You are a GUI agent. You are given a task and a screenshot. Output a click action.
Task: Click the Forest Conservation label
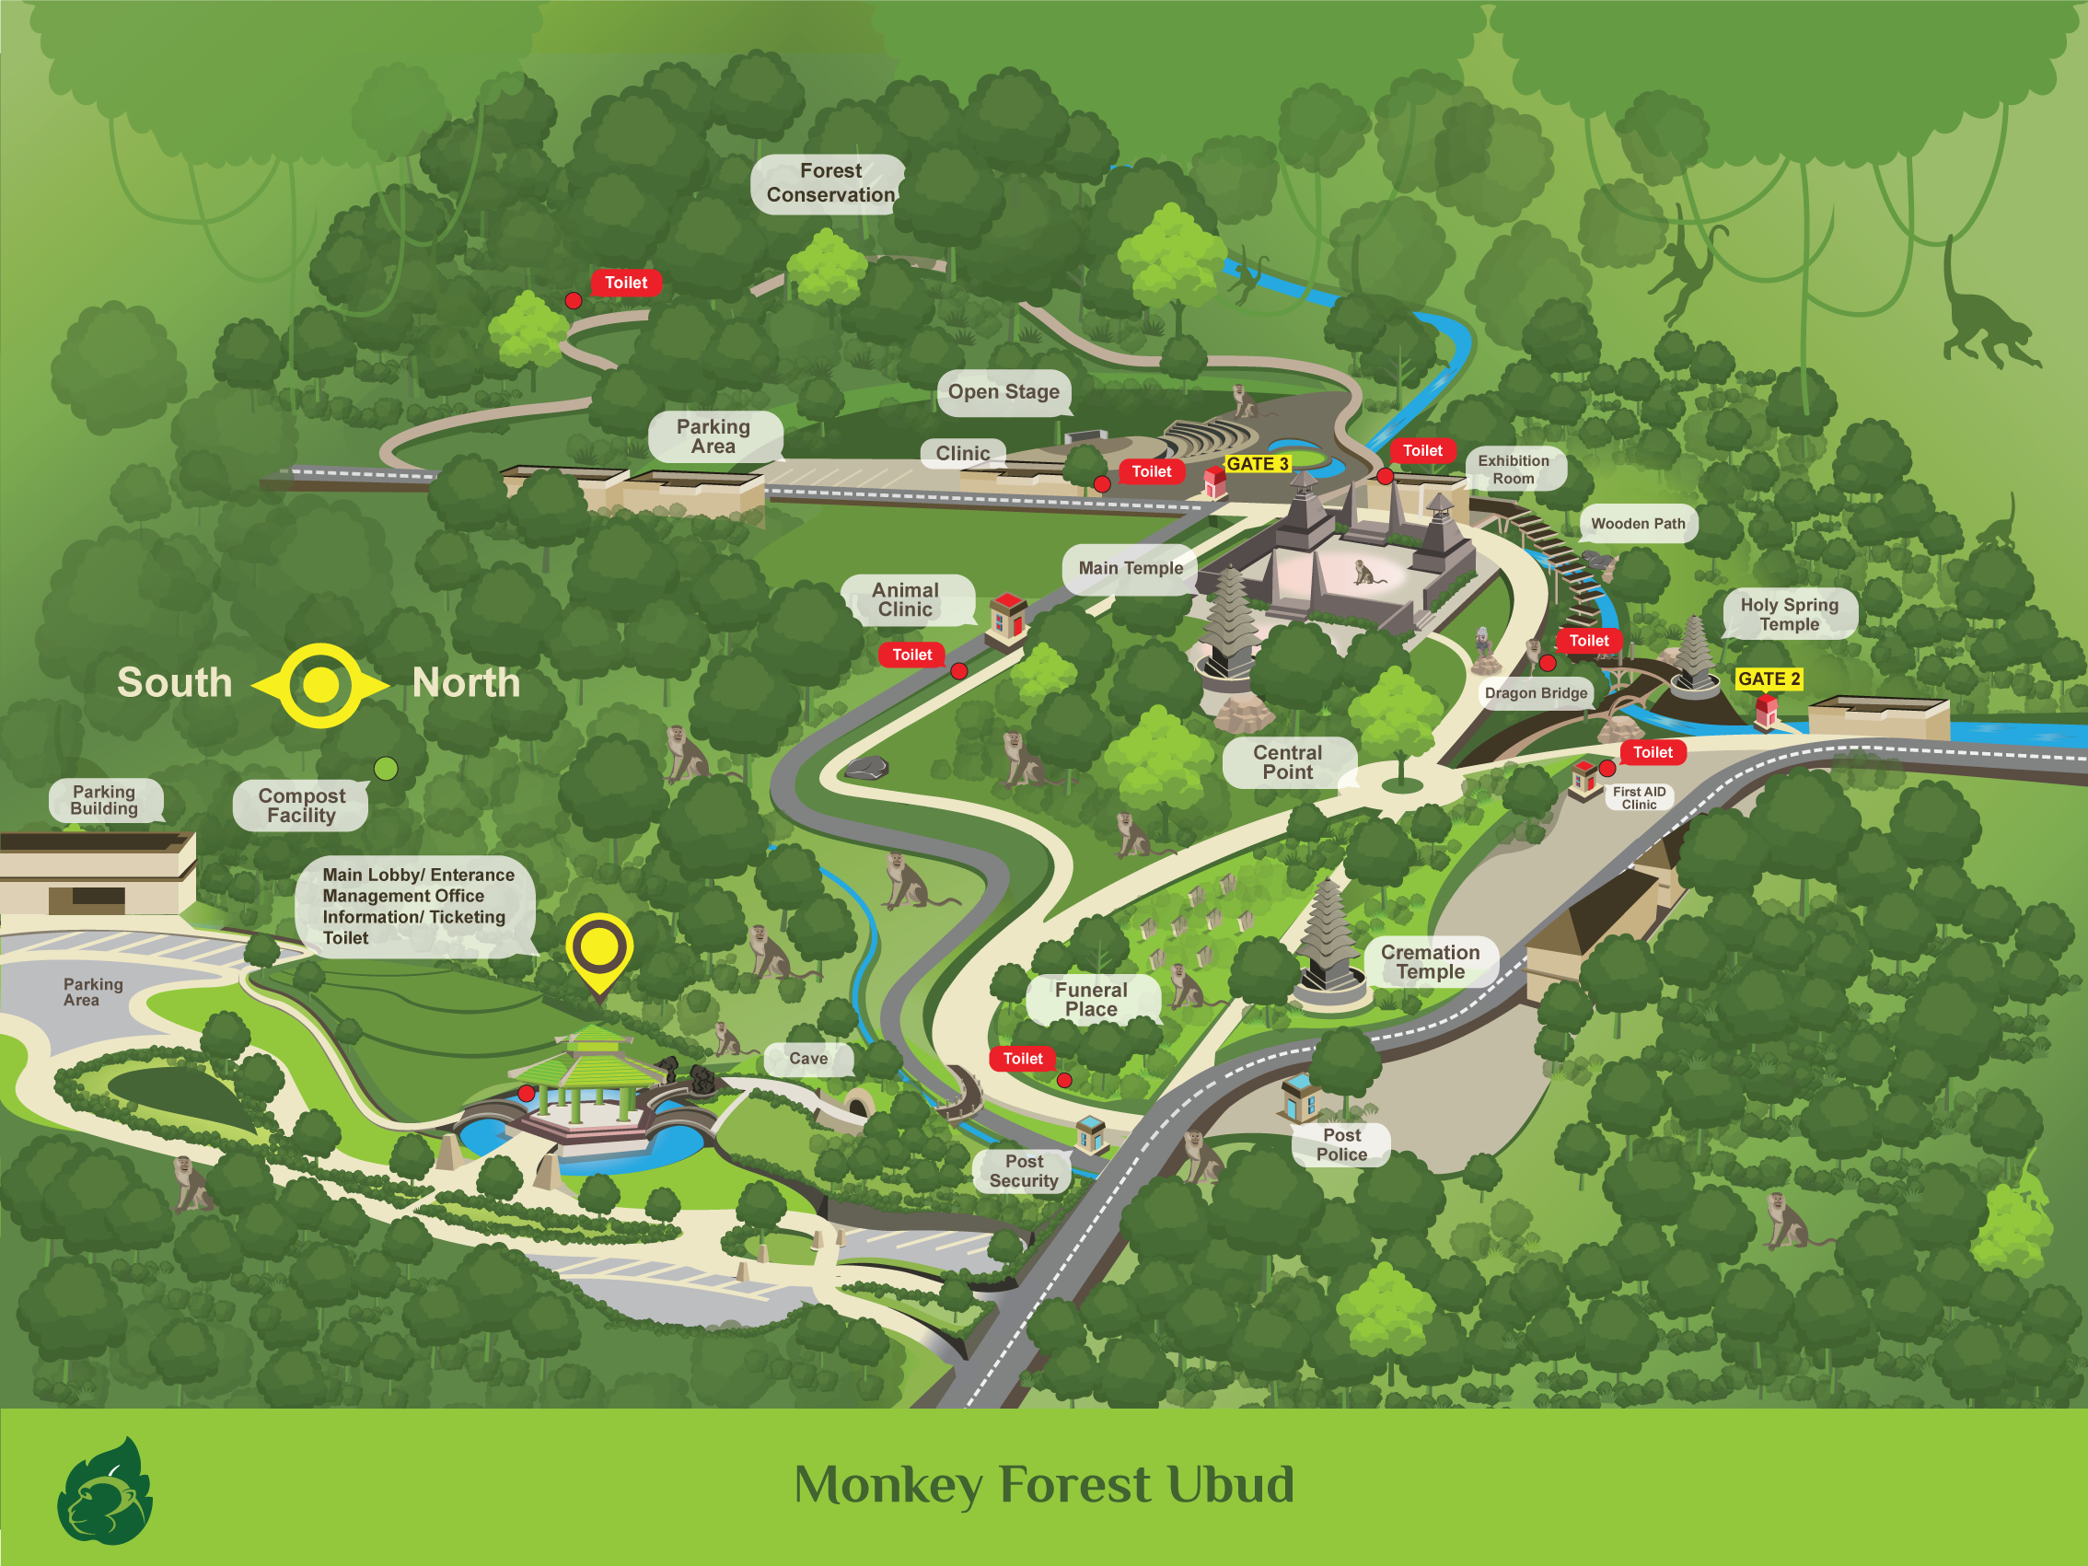coord(829,183)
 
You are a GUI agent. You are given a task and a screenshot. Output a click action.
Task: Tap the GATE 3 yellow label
coord(1257,464)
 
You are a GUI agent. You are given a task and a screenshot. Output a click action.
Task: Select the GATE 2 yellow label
coord(1768,679)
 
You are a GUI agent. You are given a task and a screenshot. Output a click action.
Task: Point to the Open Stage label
coord(1003,392)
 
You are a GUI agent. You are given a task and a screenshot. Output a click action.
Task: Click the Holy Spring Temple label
coord(1789,614)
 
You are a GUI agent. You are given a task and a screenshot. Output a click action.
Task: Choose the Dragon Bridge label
coord(1536,693)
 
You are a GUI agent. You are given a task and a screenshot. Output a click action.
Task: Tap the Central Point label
coord(1288,762)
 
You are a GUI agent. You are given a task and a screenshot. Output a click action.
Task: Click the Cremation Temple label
coord(1430,962)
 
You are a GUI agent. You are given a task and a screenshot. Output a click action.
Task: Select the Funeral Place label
coord(1091,1000)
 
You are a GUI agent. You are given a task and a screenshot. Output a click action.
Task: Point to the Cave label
coord(808,1059)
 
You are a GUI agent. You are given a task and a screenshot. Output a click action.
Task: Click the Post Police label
coord(1341,1145)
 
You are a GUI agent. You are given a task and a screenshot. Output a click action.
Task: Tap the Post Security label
coord(1024,1171)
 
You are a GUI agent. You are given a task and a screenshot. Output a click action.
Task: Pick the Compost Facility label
coord(301,806)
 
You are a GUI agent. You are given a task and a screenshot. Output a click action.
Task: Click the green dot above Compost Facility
coord(386,769)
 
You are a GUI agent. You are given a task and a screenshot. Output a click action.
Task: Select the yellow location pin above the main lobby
coord(599,948)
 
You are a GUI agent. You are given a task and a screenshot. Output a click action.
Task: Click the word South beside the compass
coord(175,682)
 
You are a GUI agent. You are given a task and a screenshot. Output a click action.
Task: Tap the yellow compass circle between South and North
coord(321,685)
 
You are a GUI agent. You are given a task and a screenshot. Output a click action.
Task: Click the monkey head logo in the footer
coord(105,1492)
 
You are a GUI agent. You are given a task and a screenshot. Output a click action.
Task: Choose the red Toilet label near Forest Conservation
coord(626,284)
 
